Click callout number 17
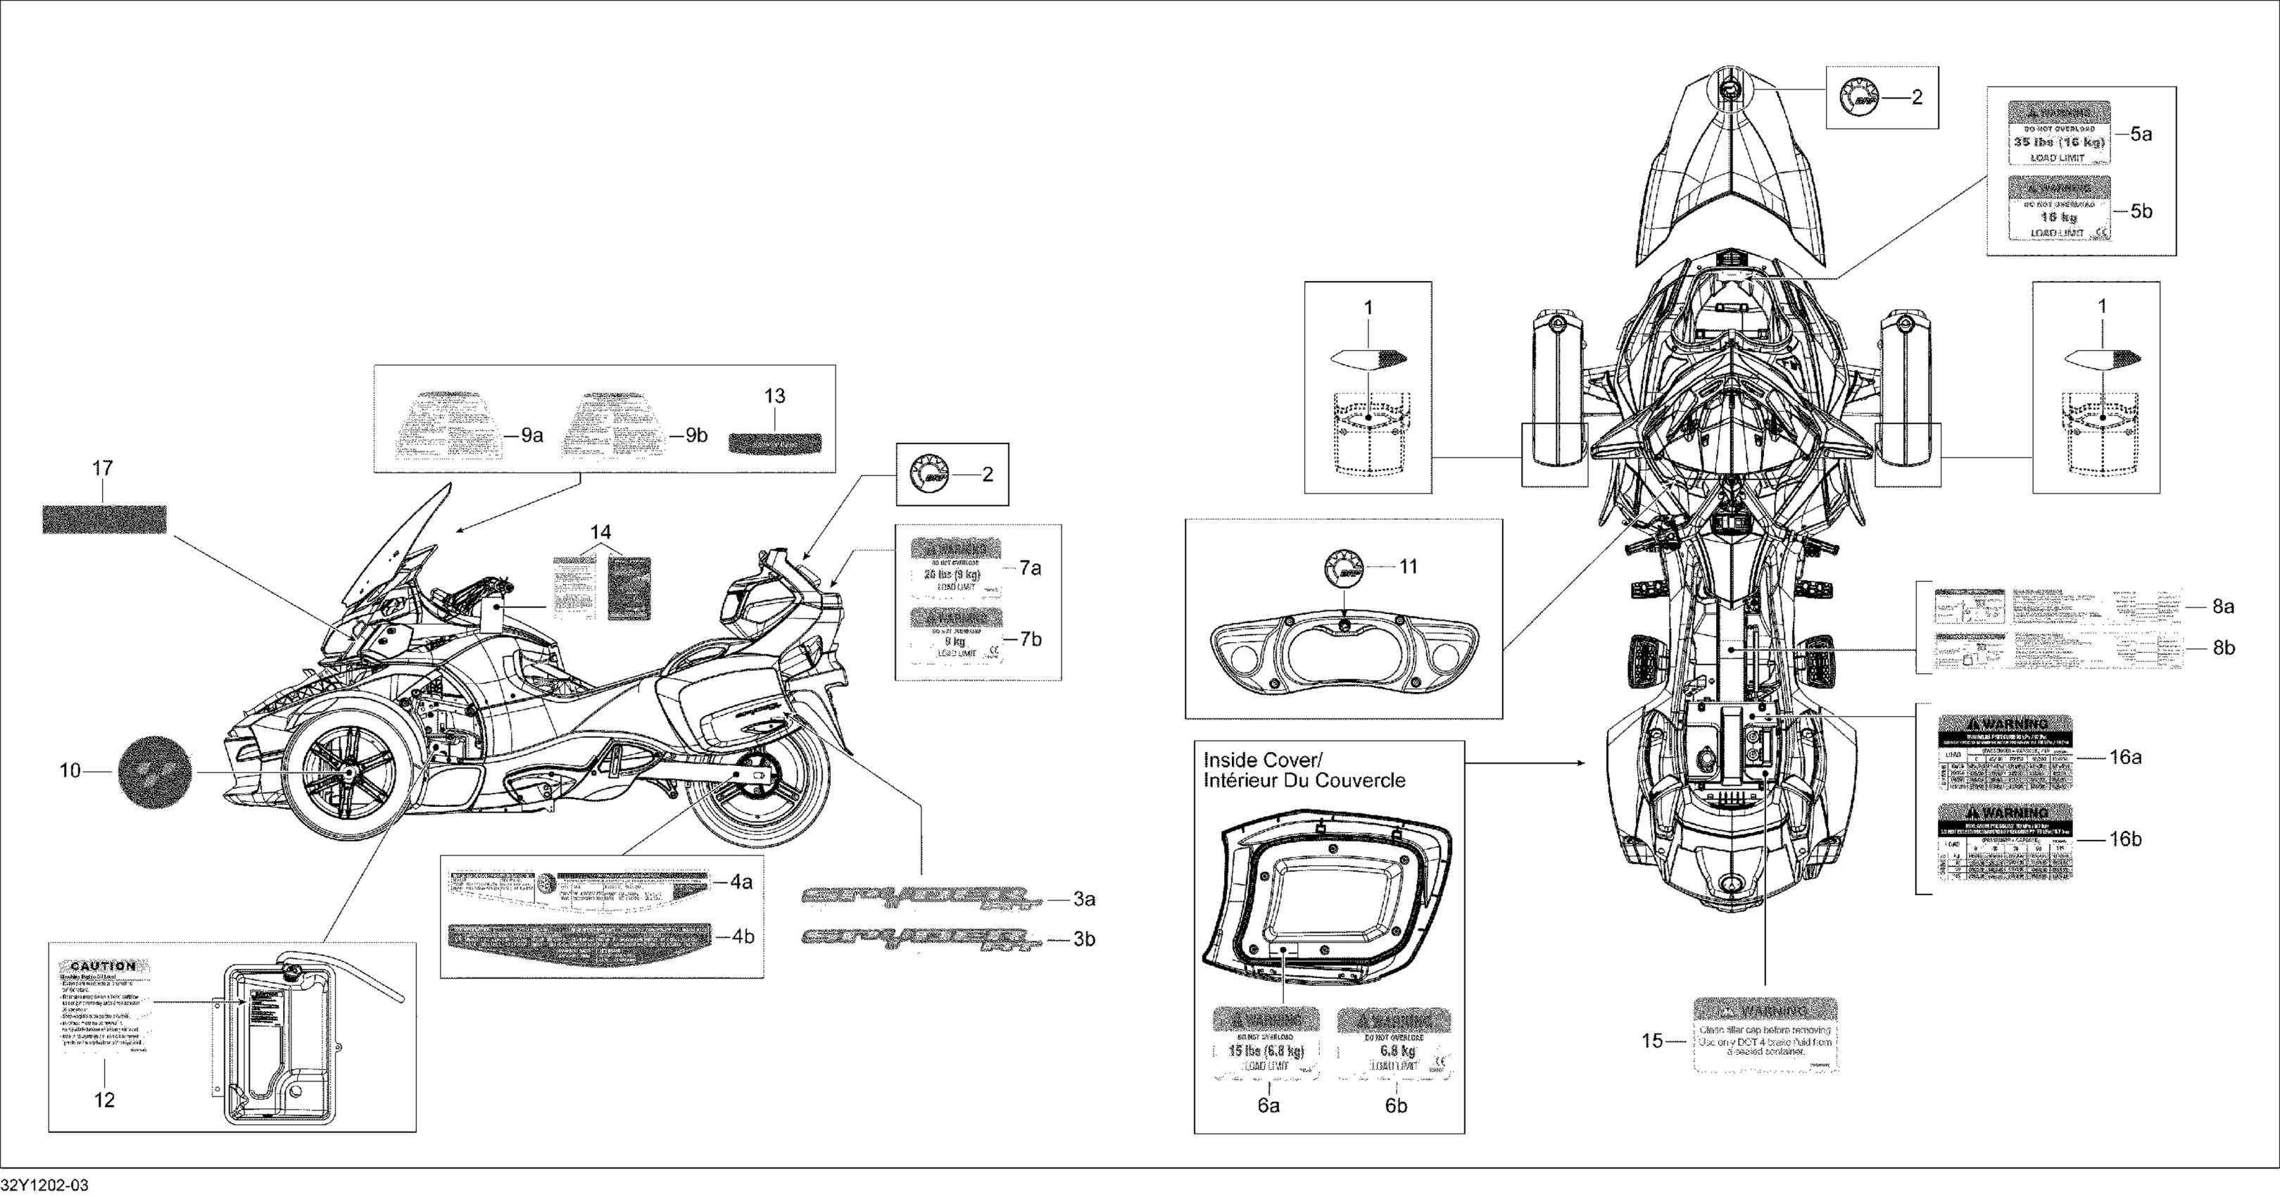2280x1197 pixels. coord(103,468)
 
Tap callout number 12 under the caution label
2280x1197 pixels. coord(104,1101)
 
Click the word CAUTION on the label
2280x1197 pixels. coord(103,966)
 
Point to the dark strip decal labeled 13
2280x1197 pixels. coord(774,441)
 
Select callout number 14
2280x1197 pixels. coord(600,532)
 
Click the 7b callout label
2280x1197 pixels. coord(1031,639)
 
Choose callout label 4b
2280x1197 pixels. coord(742,936)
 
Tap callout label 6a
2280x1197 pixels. coord(1268,1105)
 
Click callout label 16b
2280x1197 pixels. coord(2125,839)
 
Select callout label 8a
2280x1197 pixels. coord(2224,606)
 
